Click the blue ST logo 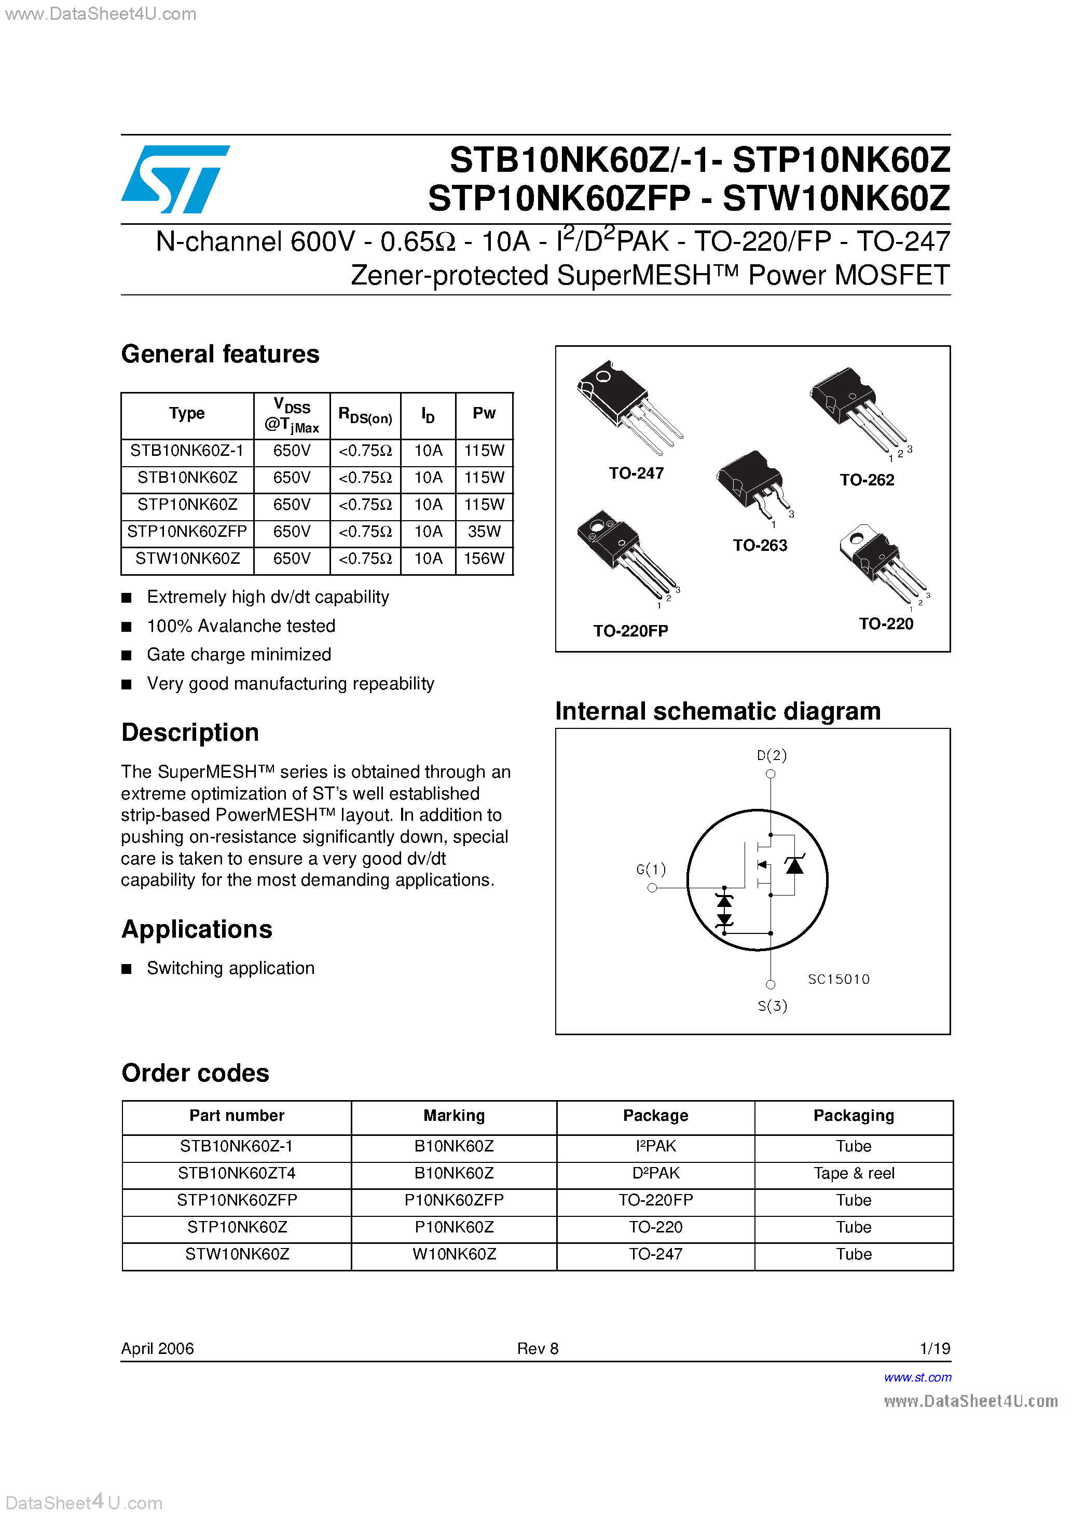175,179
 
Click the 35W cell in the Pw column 484,532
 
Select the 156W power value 484,559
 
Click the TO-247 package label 636,473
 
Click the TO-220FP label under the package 630,631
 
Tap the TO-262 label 867,480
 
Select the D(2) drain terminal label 771,755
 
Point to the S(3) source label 772,1006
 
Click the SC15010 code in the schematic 838,979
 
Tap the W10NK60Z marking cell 454,1254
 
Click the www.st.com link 917,1377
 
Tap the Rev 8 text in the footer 538,1348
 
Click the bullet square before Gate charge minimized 127,655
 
